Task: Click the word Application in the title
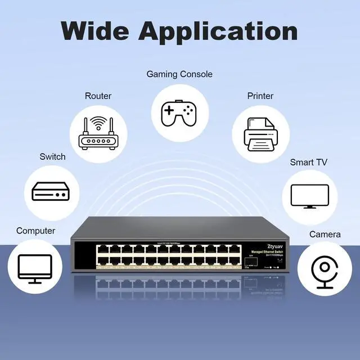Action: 218,31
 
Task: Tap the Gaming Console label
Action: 179,74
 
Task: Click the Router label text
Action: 98,96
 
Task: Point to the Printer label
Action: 260,96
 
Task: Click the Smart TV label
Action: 308,163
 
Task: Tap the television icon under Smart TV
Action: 309,196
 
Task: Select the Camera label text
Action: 325,235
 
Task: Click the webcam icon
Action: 325,270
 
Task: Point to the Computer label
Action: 35,231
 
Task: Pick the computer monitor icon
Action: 35,269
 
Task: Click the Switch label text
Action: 52,156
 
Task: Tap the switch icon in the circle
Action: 51,191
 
